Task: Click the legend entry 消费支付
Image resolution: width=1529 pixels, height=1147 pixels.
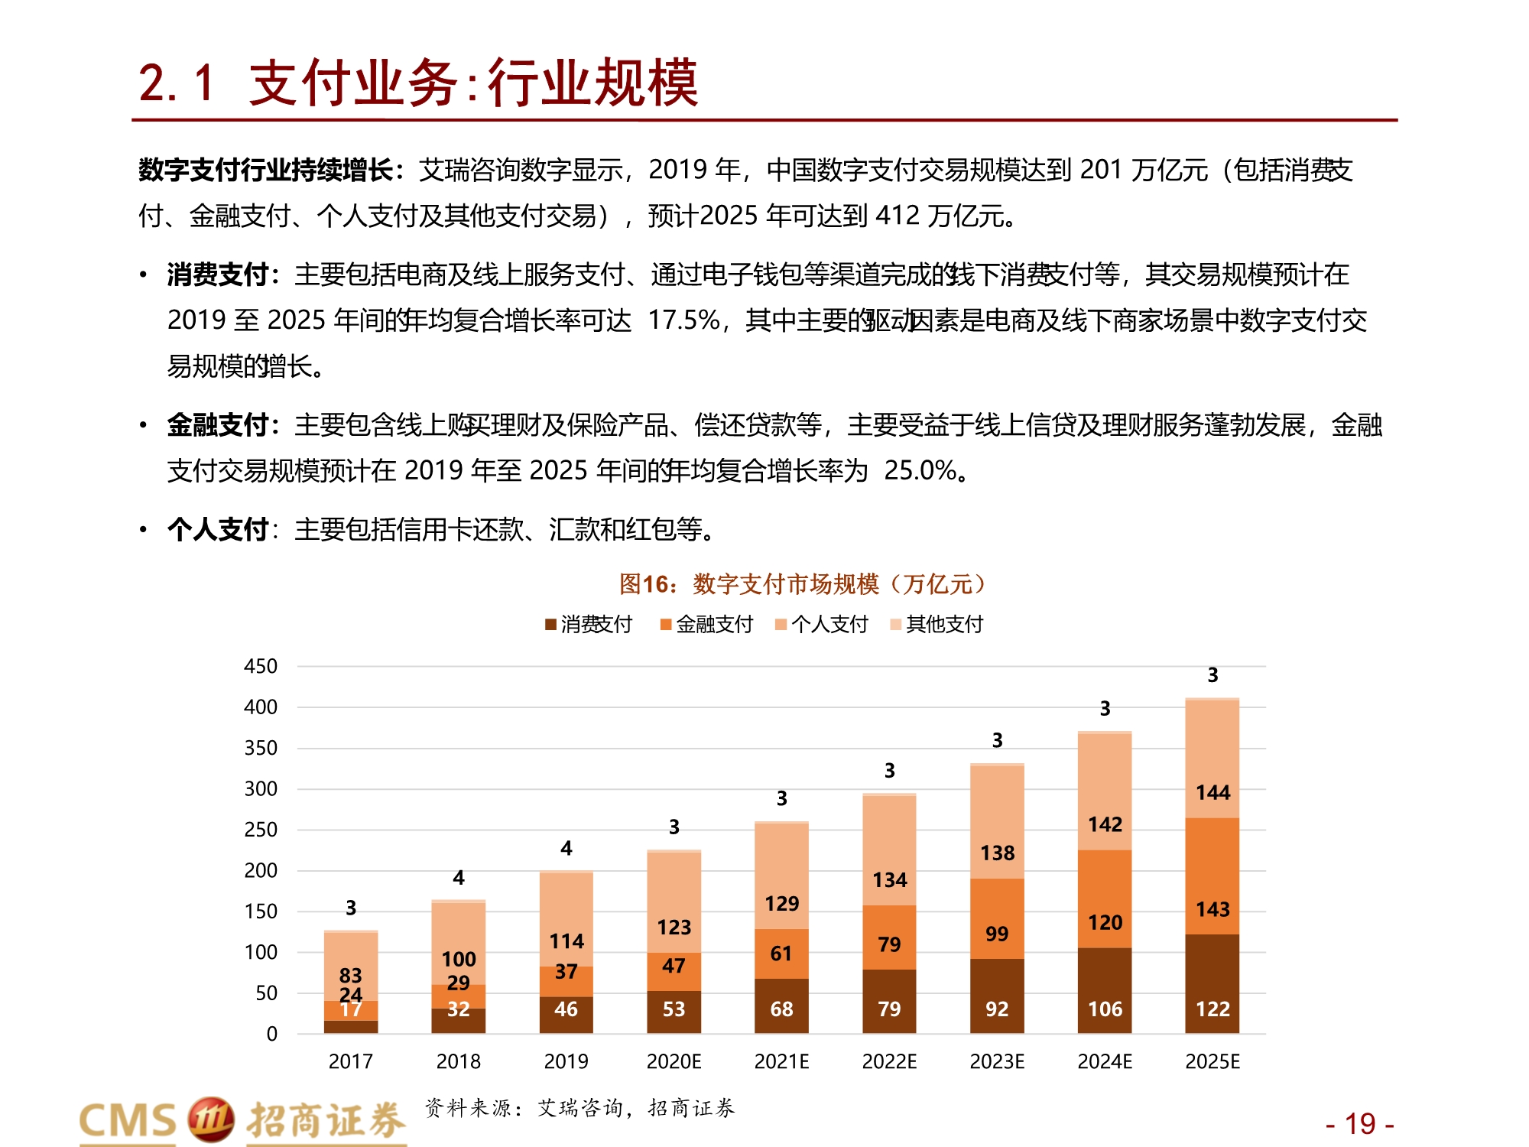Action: (x=589, y=624)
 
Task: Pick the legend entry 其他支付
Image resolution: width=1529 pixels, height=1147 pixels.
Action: (x=937, y=624)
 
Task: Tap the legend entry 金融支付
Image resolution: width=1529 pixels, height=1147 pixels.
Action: (x=706, y=624)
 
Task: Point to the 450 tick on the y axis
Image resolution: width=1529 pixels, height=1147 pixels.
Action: (x=261, y=666)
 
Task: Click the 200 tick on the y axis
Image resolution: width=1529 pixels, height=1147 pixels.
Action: (x=261, y=870)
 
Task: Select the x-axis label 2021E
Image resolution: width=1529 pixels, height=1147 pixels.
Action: (x=781, y=1061)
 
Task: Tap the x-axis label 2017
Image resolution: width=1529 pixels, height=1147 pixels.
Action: (x=350, y=1061)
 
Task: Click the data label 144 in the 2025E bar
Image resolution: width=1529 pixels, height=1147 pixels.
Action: (x=1212, y=792)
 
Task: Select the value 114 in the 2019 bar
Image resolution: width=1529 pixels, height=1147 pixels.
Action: (x=566, y=941)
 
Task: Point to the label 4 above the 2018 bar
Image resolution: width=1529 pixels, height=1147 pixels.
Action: (x=458, y=877)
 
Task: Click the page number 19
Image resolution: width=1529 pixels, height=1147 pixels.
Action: (x=1360, y=1124)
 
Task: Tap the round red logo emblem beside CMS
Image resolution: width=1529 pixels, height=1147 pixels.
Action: (x=210, y=1119)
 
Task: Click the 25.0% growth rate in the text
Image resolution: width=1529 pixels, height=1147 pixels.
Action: (x=920, y=470)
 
